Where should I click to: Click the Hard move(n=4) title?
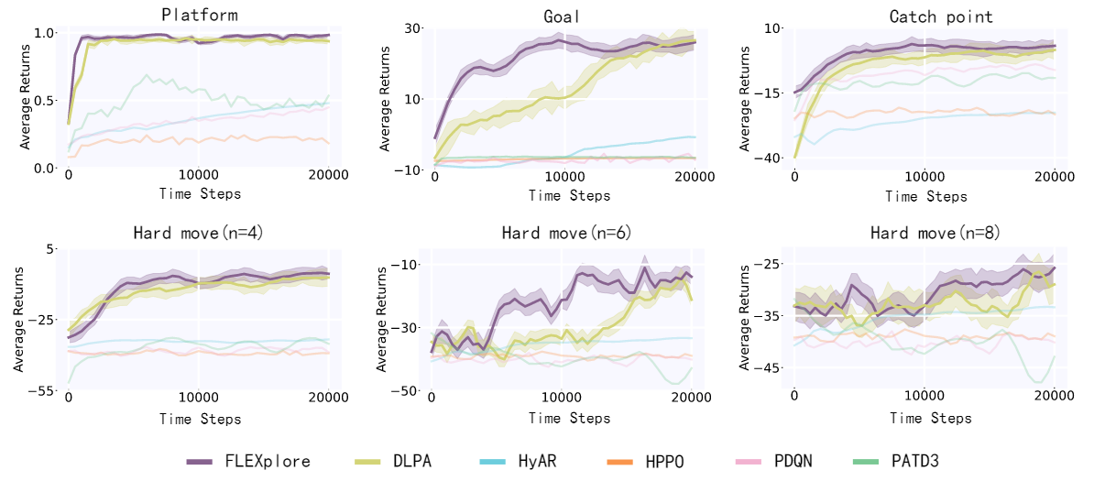[x=197, y=234]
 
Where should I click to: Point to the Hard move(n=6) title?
[x=563, y=234]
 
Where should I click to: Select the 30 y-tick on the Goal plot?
[x=413, y=28]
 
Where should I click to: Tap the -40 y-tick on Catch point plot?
[x=773, y=159]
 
